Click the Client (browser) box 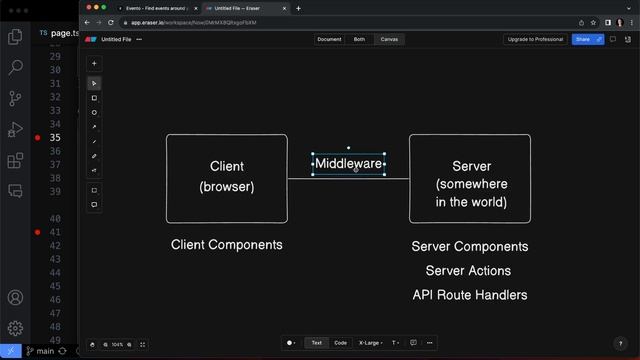click(x=227, y=177)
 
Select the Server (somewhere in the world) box click(x=470, y=177)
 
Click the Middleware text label click(x=348, y=163)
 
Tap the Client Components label click(x=227, y=245)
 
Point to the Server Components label click(x=470, y=246)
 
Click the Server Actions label click(x=468, y=270)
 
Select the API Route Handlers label click(x=470, y=295)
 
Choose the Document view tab click(x=329, y=39)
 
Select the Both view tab click(x=359, y=39)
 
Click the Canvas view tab click(x=390, y=39)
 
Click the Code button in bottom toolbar click(x=341, y=342)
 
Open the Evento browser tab click(x=155, y=8)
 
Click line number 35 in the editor click(x=54, y=137)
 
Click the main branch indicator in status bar click(x=41, y=352)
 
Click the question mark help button click(x=620, y=344)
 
